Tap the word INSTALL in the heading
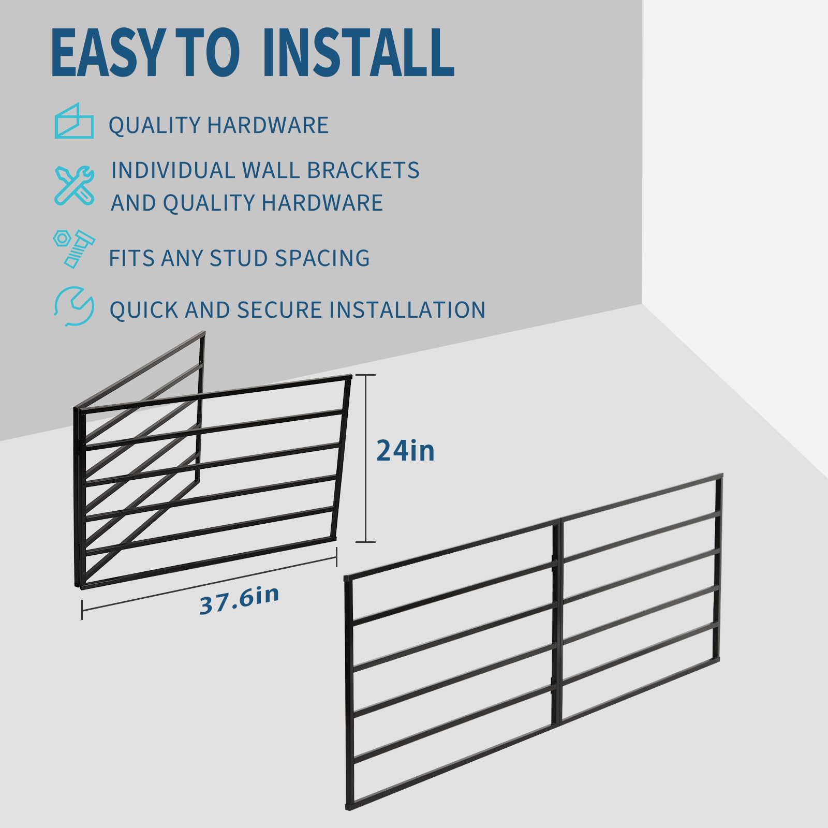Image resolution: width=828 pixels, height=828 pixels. (358, 52)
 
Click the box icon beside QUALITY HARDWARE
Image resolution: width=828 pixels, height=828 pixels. (74, 121)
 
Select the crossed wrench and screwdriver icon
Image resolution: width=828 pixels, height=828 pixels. (75, 185)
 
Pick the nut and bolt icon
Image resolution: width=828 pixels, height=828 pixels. (74, 249)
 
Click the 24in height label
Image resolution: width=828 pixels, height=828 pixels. (405, 450)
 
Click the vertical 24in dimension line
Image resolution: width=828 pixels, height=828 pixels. (366, 458)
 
